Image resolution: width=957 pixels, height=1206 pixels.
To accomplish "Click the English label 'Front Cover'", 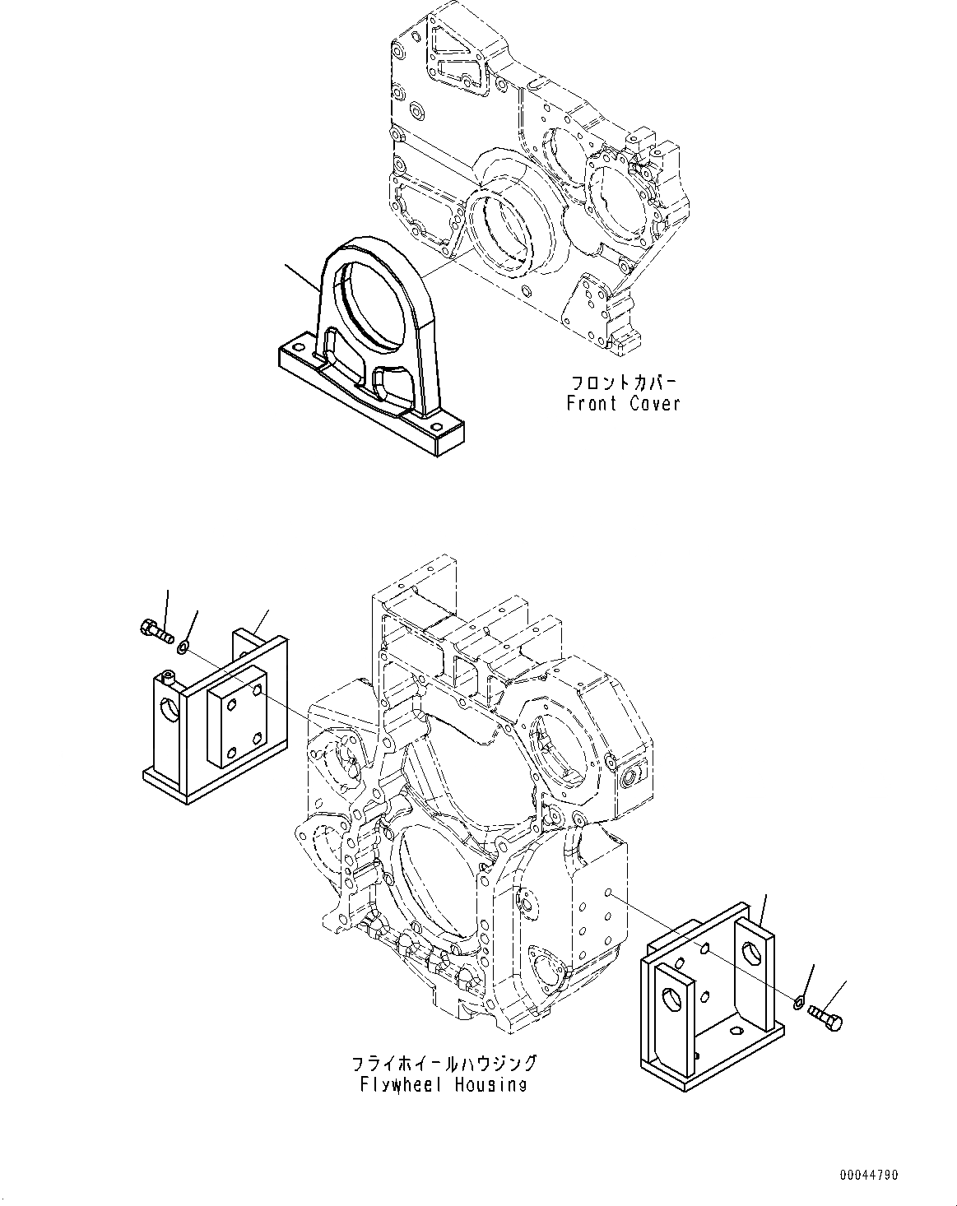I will point(623,404).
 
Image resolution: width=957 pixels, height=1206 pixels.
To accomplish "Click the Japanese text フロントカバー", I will point(623,383).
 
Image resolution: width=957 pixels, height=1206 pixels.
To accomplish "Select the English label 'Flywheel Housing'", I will point(443,1084).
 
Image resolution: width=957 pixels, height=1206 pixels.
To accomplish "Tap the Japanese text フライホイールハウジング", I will point(443,1064).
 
